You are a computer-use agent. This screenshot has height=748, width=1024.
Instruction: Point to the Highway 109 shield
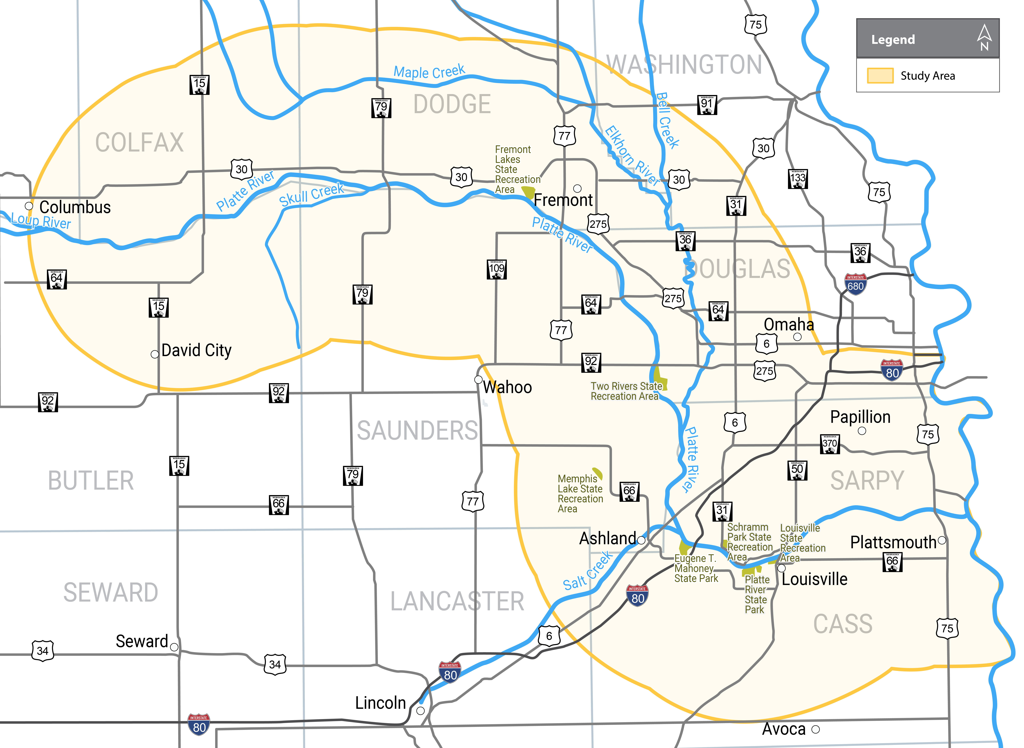click(x=497, y=269)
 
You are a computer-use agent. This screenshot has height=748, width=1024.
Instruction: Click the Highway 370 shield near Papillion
click(x=830, y=444)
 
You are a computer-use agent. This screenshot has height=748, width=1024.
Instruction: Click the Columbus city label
click(x=75, y=207)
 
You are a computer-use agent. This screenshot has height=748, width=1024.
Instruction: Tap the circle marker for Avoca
click(x=815, y=729)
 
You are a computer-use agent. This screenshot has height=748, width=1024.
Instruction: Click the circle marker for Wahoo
click(x=478, y=379)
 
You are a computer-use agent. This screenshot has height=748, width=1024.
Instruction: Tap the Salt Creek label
click(x=588, y=571)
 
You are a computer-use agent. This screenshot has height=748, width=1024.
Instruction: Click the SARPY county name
click(x=867, y=480)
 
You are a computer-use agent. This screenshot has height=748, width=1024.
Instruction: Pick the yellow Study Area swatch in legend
click(x=880, y=76)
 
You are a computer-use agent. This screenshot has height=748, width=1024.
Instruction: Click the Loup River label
click(x=41, y=221)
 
